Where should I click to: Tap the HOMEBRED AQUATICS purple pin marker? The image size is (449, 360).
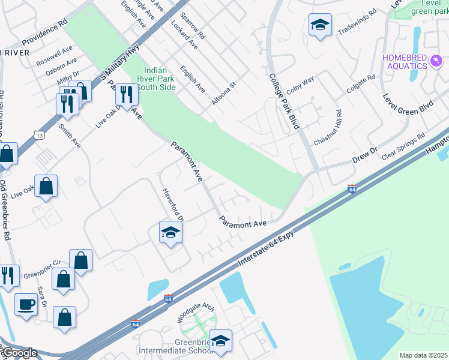tap(436, 61)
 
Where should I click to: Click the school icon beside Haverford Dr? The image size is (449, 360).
tap(170, 233)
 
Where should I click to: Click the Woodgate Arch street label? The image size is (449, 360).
tap(196, 313)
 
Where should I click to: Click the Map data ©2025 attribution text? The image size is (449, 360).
tap(423, 355)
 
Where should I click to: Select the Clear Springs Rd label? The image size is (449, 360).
tap(403, 146)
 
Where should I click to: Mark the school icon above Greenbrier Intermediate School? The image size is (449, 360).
tap(220, 341)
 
